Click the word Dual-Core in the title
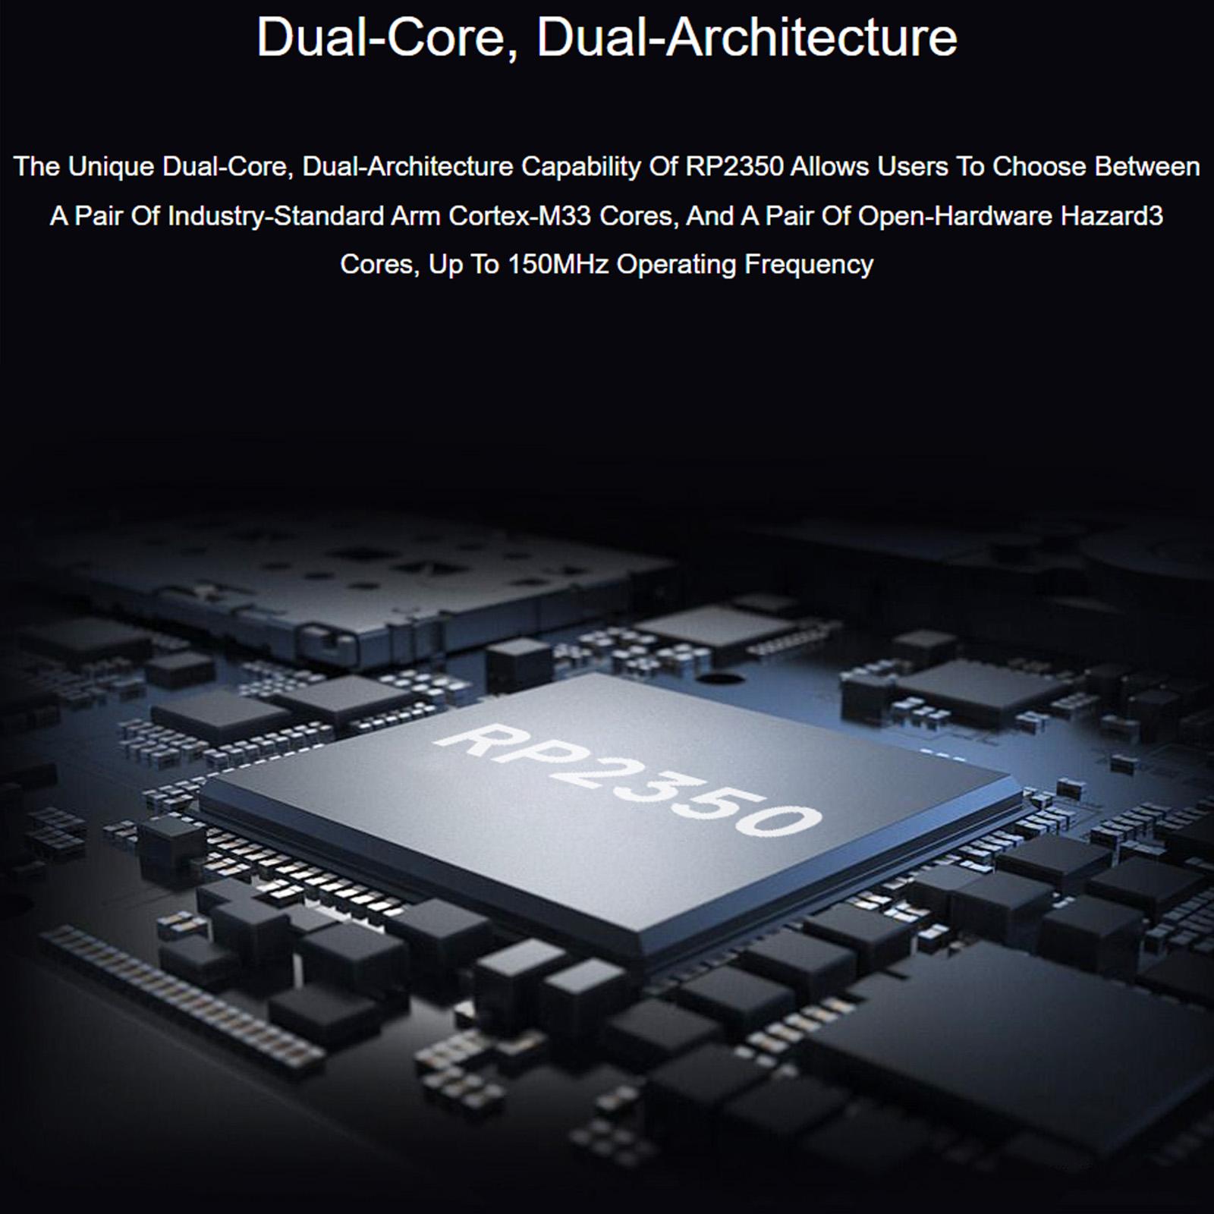tap(382, 37)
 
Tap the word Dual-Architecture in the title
tap(747, 37)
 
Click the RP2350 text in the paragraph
tap(734, 167)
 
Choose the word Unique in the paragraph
tap(112, 167)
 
